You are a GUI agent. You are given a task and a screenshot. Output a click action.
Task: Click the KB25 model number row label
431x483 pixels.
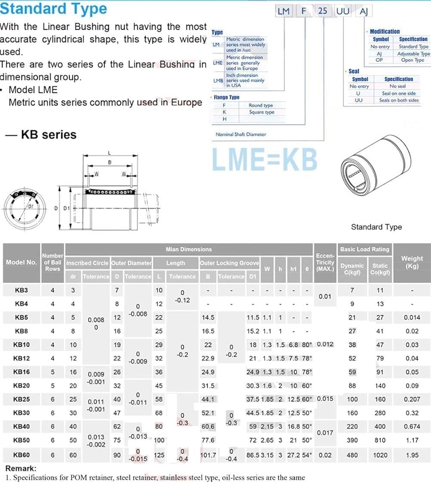(x=21, y=399)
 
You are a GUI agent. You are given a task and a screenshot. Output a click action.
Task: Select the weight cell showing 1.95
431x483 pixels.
(x=412, y=455)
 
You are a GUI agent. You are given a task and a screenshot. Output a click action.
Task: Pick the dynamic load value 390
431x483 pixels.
(x=352, y=441)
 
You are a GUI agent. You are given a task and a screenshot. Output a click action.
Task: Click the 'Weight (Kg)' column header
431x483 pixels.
(x=412, y=262)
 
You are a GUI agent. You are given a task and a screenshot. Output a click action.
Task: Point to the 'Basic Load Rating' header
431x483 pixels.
(x=364, y=249)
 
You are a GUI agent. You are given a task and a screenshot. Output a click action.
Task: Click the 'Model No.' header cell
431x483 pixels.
(x=21, y=262)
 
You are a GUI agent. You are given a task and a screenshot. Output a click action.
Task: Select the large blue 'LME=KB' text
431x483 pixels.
(x=265, y=160)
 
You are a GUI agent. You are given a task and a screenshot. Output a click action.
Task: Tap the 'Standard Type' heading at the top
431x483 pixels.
(x=54, y=9)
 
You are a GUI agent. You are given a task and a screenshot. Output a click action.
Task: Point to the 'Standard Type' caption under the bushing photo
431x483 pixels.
(x=376, y=227)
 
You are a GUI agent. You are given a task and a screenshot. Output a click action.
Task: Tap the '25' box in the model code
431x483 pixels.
(x=322, y=11)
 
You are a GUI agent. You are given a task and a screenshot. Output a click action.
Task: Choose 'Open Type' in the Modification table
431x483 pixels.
(x=413, y=60)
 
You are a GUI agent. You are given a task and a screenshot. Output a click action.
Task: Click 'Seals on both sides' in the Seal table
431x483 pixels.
(x=399, y=100)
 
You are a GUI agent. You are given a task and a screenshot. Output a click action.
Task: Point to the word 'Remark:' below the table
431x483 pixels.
(x=21, y=469)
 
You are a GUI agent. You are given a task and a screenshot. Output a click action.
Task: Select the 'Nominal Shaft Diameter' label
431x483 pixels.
(x=241, y=134)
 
